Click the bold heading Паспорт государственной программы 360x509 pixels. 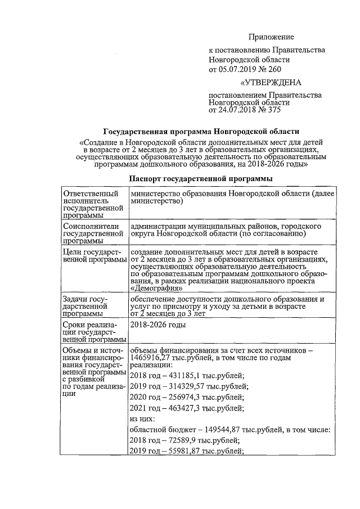[201, 178]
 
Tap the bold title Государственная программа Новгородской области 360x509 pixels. [201, 131]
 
